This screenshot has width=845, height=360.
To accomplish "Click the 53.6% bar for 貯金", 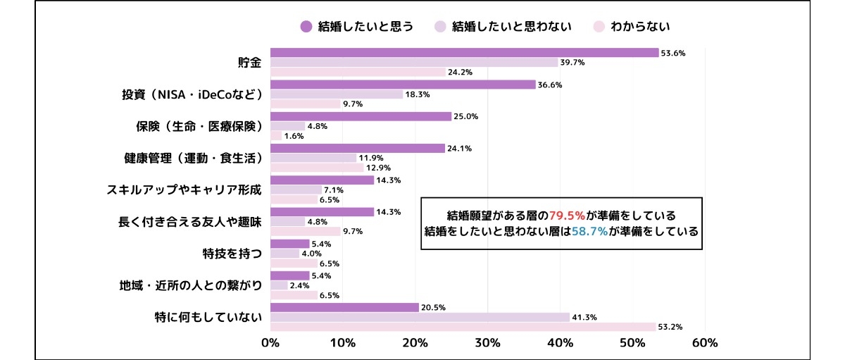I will [463, 53].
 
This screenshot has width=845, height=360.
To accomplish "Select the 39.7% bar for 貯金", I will [413, 63].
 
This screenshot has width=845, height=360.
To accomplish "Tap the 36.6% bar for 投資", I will [403, 85].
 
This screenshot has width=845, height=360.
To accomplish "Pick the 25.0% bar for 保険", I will [361, 116].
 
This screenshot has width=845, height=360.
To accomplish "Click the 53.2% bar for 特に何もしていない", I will [463, 327].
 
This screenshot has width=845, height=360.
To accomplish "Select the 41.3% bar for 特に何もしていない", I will [420, 317].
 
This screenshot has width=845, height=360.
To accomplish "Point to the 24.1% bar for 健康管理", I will [358, 148].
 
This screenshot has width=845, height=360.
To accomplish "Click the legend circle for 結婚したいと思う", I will [306, 27].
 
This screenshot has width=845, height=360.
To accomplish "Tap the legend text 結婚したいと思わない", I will [511, 27].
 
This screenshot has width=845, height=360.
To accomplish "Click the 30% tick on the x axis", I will [487, 343].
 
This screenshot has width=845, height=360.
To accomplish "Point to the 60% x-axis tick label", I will [705, 343].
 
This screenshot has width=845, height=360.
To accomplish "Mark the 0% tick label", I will [270, 343].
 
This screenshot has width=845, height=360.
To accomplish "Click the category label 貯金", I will [249, 63].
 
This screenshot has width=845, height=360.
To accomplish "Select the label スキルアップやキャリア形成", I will [184, 190].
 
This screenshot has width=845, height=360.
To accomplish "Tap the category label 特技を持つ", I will [232, 254].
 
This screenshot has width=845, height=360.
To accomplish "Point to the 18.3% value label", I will [417, 94].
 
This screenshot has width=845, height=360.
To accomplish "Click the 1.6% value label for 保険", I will [294, 136].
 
